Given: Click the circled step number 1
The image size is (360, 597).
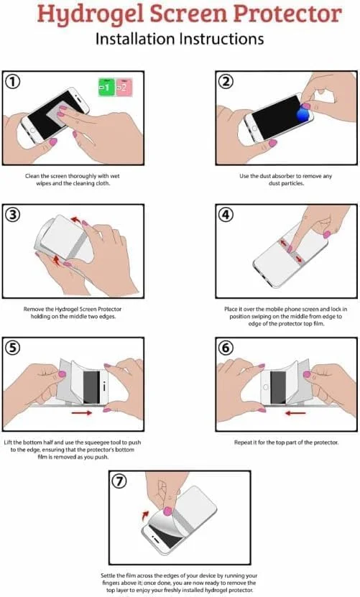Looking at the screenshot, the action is tap(12, 81).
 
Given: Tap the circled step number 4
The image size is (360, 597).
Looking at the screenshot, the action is tap(226, 214).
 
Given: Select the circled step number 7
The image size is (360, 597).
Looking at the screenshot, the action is tap(119, 481).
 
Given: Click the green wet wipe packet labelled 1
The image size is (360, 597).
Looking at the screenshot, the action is tap(106, 87).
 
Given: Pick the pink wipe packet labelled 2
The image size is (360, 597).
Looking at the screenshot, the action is tap(124, 87).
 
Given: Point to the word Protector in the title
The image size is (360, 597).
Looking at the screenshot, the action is tap(287, 14).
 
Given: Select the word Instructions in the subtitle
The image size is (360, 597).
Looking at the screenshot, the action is tap(221, 39).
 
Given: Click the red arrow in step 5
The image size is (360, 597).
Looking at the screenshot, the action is tap(81, 412).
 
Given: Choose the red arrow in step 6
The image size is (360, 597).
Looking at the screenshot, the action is tap(295, 412).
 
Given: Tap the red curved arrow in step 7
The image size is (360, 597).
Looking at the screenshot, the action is tap(145, 516).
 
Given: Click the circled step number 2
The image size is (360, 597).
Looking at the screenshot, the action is tap(226, 81).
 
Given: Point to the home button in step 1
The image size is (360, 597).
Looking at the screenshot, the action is tap(33, 130).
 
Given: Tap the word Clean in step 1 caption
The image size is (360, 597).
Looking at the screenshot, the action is tap(32, 176).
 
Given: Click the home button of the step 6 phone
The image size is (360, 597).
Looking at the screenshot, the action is tap(266, 387).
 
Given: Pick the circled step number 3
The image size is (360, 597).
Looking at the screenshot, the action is tap(12, 214).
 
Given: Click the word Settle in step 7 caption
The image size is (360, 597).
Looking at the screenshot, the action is tap(109, 575).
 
